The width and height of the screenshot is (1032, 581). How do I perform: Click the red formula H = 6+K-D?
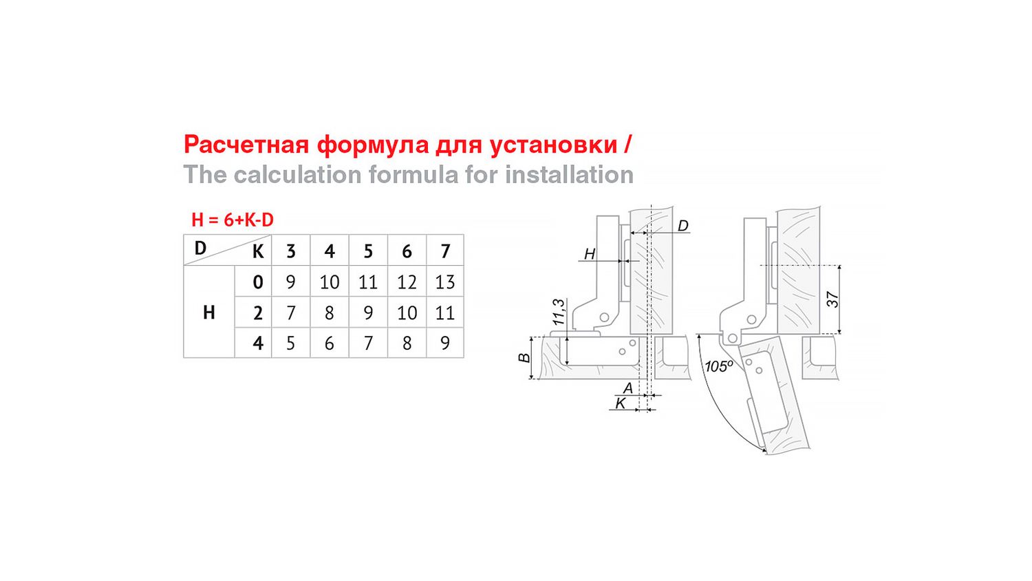[x=233, y=220]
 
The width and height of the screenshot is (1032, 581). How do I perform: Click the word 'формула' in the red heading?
[x=373, y=145]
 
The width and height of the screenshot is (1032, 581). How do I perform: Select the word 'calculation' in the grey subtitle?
[x=297, y=176]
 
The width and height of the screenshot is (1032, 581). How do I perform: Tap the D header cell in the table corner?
[x=200, y=248]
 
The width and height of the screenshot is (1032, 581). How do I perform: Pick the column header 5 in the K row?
[x=367, y=251]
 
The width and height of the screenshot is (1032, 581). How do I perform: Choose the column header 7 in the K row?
[x=445, y=251]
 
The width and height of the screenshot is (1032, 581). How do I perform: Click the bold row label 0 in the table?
[x=258, y=282]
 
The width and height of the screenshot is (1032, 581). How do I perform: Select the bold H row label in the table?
[x=209, y=313]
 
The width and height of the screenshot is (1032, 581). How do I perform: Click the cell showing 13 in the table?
[x=445, y=282]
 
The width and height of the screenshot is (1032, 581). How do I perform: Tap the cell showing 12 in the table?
[x=407, y=282]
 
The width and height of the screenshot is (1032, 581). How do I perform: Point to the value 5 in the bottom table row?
[x=290, y=343]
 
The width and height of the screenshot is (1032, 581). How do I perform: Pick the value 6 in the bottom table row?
[x=329, y=343]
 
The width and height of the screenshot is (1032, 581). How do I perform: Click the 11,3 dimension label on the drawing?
[x=559, y=312]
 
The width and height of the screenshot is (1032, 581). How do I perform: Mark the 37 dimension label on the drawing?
[x=833, y=299]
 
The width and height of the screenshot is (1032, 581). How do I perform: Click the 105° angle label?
[x=719, y=367]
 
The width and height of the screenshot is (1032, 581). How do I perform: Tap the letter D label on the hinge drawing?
[x=682, y=226]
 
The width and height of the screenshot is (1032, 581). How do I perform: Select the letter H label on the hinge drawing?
[x=590, y=254]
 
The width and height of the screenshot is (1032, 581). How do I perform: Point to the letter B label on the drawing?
[x=524, y=358]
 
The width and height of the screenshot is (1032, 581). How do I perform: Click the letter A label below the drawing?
[x=627, y=388]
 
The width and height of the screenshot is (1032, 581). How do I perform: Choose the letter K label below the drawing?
[x=621, y=403]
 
